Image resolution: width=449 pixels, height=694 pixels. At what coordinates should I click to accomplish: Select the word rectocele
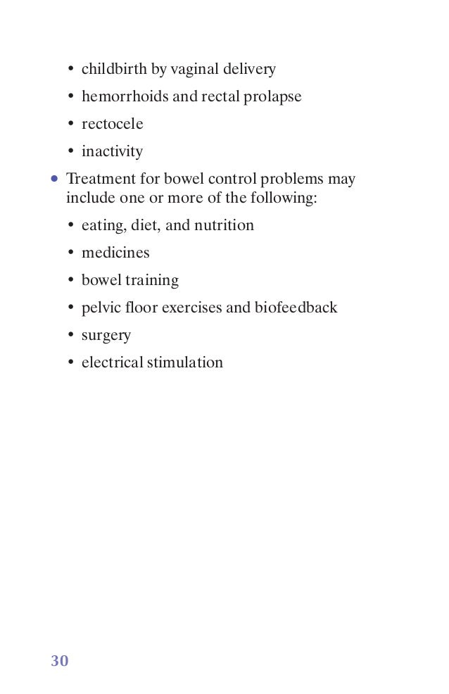(112, 125)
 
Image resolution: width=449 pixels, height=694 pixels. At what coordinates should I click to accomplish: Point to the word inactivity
(112, 152)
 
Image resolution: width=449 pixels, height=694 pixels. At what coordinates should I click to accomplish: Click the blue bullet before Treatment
(54, 179)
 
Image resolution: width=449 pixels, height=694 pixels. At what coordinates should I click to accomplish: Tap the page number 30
(60, 661)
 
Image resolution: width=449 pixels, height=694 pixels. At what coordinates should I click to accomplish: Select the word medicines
(115, 253)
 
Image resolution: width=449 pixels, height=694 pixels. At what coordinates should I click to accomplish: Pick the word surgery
(106, 336)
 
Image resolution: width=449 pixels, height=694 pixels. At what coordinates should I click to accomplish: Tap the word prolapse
(272, 97)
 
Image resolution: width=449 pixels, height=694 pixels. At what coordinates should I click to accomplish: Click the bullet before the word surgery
(71, 336)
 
